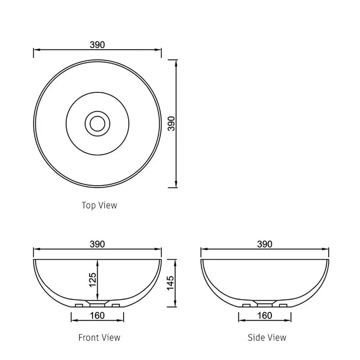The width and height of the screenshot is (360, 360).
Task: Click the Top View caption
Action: click(x=99, y=205)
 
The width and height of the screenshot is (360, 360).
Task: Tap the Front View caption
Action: click(x=99, y=337)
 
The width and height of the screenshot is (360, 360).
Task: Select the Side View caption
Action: click(x=267, y=337)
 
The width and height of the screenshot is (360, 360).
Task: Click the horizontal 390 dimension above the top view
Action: click(x=98, y=45)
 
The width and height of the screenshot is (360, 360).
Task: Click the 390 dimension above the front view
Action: click(x=98, y=244)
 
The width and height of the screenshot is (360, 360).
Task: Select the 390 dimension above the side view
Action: click(x=265, y=244)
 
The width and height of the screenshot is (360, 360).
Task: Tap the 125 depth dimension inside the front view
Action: click(x=93, y=280)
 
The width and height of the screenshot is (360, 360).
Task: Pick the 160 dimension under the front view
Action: click(x=98, y=315)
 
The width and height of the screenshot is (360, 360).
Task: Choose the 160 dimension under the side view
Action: click(x=265, y=315)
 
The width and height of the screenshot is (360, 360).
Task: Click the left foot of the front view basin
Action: click(x=79, y=306)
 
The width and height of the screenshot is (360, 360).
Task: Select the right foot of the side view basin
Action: click(x=283, y=306)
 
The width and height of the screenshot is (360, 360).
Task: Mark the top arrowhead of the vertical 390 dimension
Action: click(x=175, y=62)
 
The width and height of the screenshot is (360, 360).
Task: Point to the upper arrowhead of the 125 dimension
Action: click(x=98, y=262)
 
